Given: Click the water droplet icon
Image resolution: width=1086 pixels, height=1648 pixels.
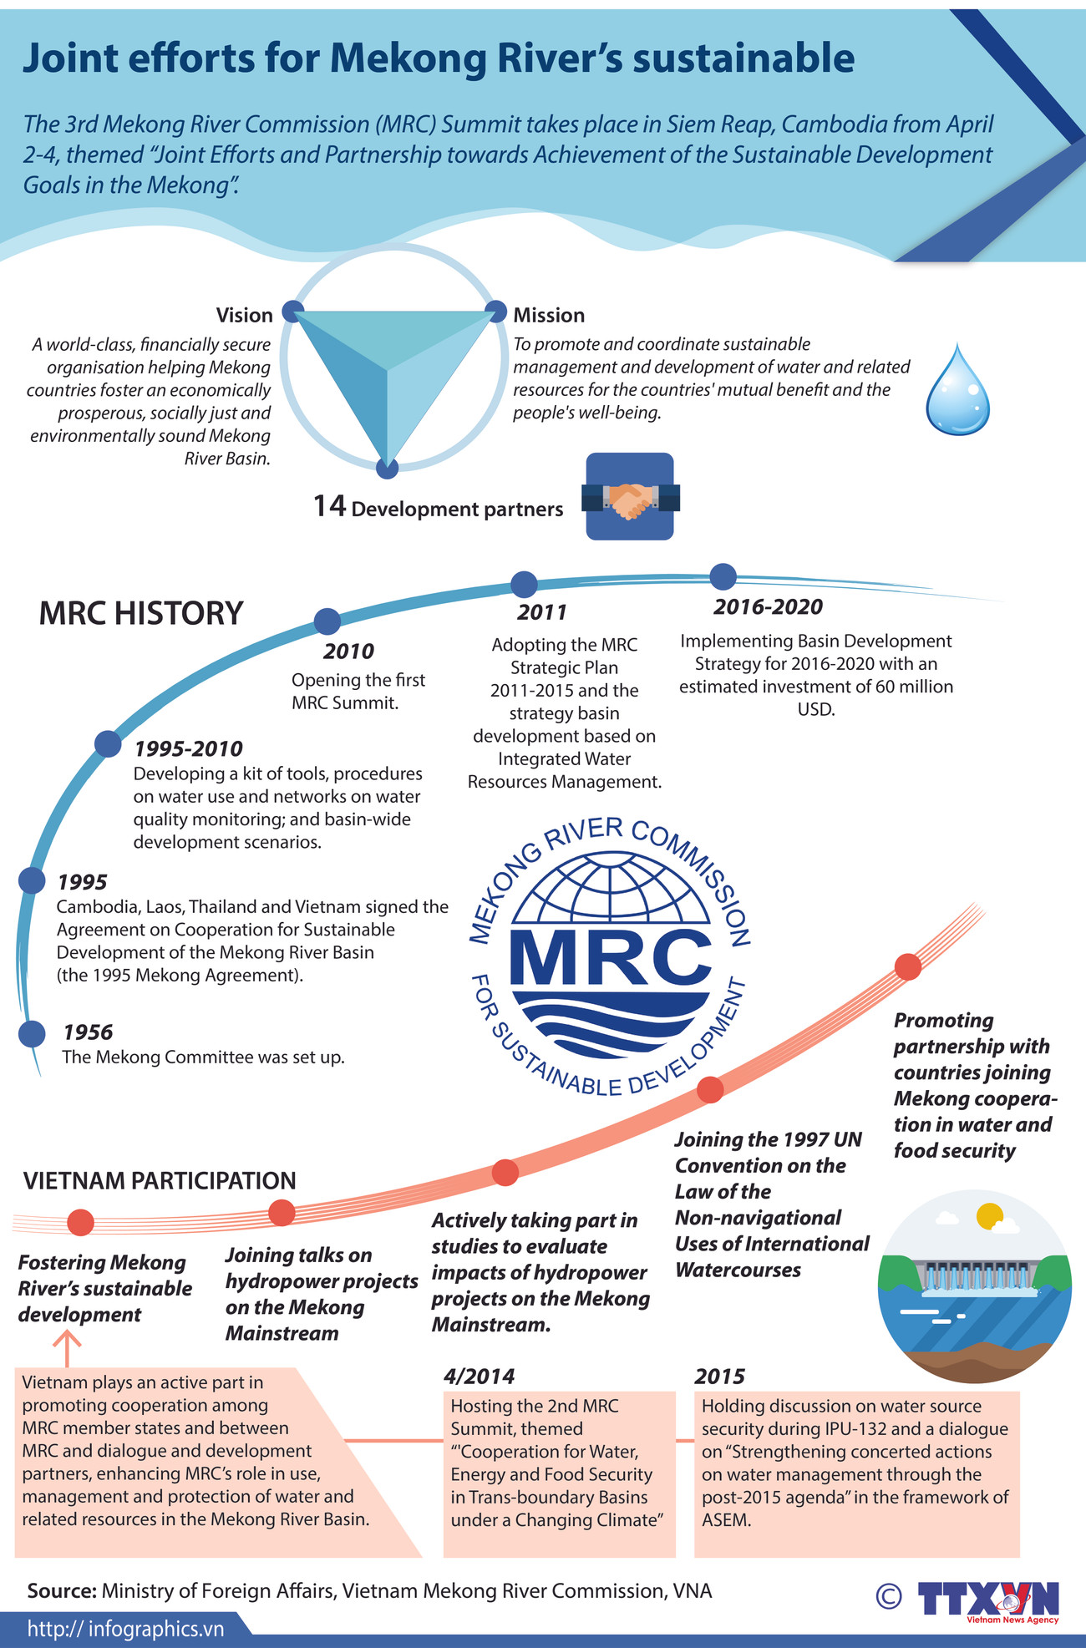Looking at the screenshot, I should pos(957,391).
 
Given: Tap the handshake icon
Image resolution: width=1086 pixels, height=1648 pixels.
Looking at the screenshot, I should pos(630,498).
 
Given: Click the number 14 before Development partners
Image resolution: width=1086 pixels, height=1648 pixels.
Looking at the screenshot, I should pos(329,506).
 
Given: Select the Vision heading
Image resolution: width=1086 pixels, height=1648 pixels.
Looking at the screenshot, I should pos(244,316).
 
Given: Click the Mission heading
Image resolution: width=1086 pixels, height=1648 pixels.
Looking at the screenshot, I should pos(549,316).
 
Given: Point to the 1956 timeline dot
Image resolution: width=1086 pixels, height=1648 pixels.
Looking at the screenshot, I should pos(32,1034).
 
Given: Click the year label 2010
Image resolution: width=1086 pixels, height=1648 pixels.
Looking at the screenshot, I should pos(348,652).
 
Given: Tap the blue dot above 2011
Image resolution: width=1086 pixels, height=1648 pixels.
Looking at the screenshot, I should pos(524,585).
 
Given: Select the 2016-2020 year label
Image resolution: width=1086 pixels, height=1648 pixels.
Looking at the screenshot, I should pos(768,607).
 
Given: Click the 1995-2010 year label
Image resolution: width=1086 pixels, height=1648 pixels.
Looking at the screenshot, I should pos(189,748).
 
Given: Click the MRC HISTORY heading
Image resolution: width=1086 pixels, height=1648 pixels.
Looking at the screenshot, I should pos(141,614).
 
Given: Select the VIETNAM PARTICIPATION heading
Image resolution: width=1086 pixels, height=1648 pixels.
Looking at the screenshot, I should pos(160,1180).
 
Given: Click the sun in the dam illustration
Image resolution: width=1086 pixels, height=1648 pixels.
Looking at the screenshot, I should pos(989,1215).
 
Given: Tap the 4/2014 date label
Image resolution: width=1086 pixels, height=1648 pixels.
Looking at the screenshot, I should pos(479,1376).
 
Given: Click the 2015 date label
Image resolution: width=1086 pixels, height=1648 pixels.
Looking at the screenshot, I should pos(719,1377).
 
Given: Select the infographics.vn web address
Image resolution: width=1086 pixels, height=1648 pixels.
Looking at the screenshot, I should pos(125,1629).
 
